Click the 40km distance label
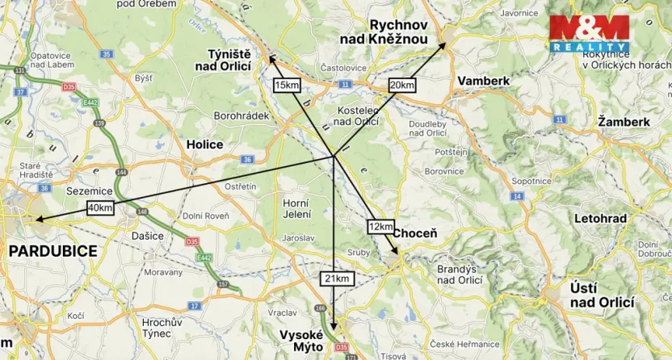click(100, 207)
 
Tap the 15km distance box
click(288, 85)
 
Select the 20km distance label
click(401, 85)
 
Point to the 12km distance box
click(380, 227)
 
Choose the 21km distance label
click(339, 278)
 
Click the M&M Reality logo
click(589, 33)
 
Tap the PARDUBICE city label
click(52, 251)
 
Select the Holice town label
click(204, 144)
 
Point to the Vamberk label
click(484, 82)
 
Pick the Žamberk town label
click(624, 122)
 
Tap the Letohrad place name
click(600, 219)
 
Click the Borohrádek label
click(241, 116)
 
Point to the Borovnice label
click(444, 171)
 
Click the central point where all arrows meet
click(334, 156)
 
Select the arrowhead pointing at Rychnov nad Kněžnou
click(443, 46)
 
